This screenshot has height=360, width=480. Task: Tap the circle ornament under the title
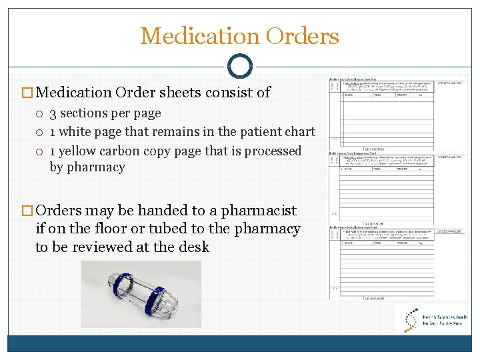pyautogui.click(x=240, y=66)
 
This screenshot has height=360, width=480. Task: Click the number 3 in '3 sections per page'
pyautogui.click(x=53, y=113)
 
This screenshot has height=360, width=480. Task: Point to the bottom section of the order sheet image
pyautogui.click(x=397, y=263)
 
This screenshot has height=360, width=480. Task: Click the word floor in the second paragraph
pyautogui.click(x=105, y=229)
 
